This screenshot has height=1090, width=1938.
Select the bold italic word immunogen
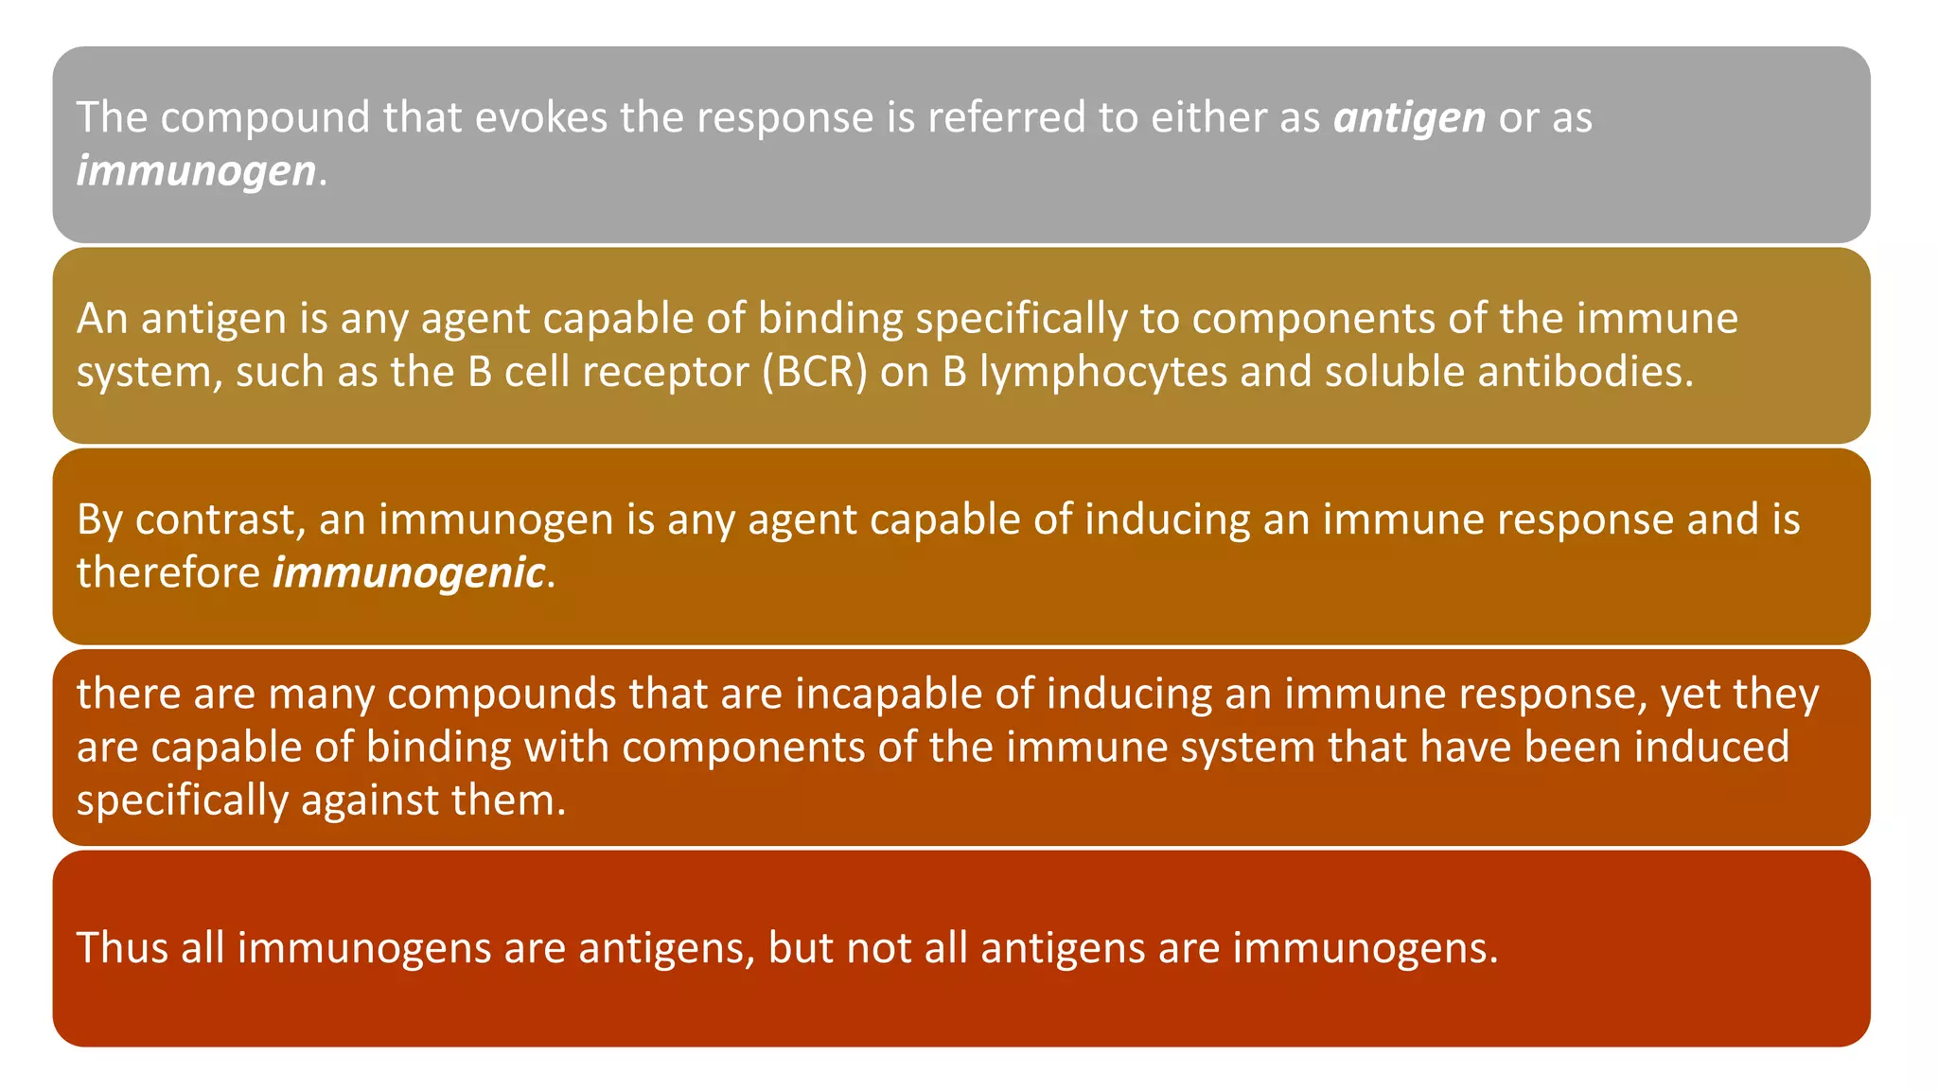click(196, 172)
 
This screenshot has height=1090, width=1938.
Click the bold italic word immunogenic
click(409, 573)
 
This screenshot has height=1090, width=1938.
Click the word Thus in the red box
click(122, 948)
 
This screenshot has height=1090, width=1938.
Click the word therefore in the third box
click(168, 573)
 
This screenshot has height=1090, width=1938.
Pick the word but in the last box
click(801, 948)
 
